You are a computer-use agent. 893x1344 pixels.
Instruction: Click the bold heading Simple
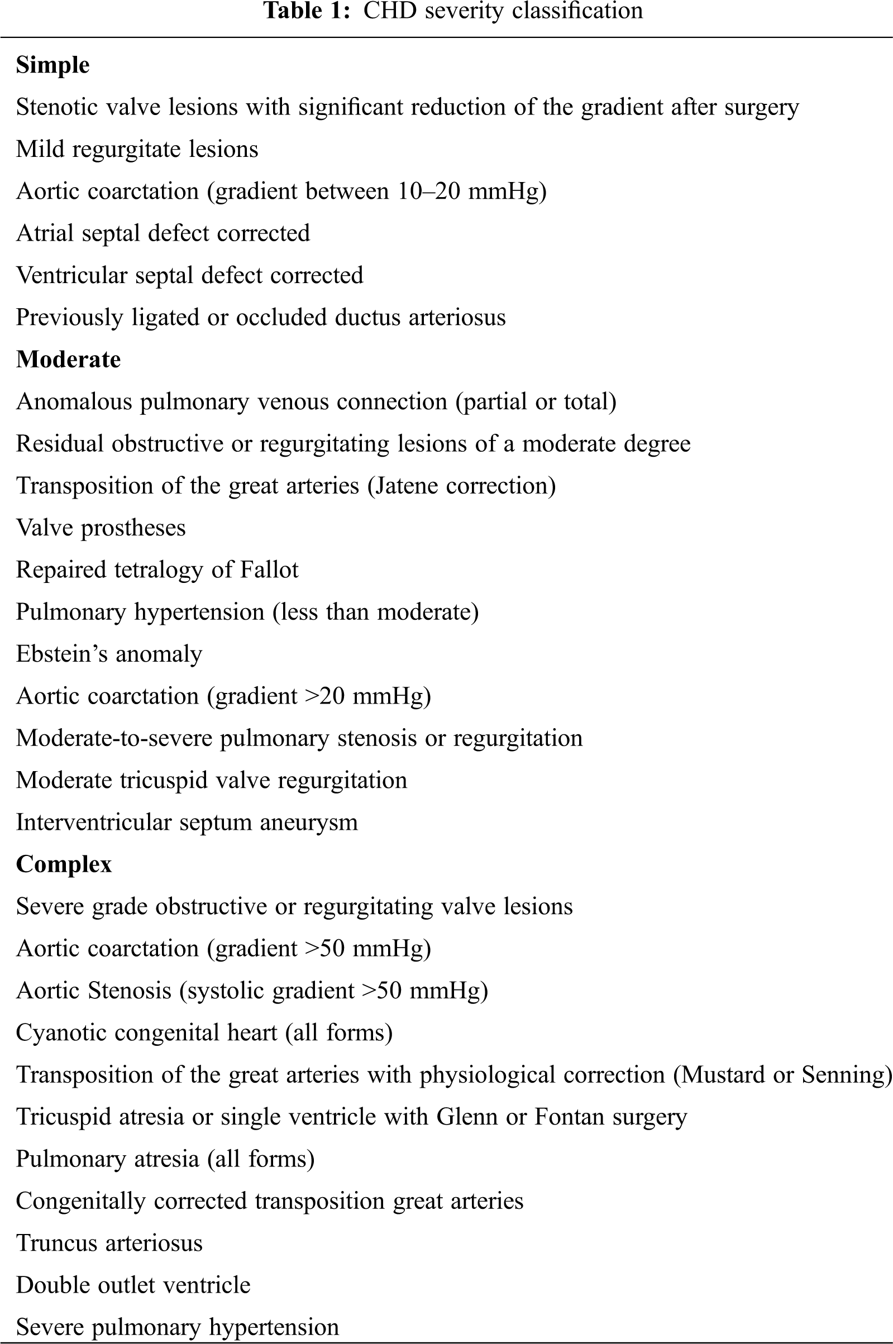[52, 65]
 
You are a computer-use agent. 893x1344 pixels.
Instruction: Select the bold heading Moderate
[68, 359]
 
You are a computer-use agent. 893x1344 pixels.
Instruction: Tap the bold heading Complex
[64, 864]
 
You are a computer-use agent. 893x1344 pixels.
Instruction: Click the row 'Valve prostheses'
[101, 528]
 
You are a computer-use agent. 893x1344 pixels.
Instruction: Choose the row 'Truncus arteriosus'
[109, 1243]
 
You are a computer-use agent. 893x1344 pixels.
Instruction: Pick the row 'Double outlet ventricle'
[133, 1285]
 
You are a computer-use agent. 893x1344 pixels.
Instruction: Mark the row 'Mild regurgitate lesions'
[137, 149]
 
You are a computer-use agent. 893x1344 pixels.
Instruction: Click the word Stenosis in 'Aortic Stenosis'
[130, 991]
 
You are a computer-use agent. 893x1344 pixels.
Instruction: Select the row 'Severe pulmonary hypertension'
[177, 1327]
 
